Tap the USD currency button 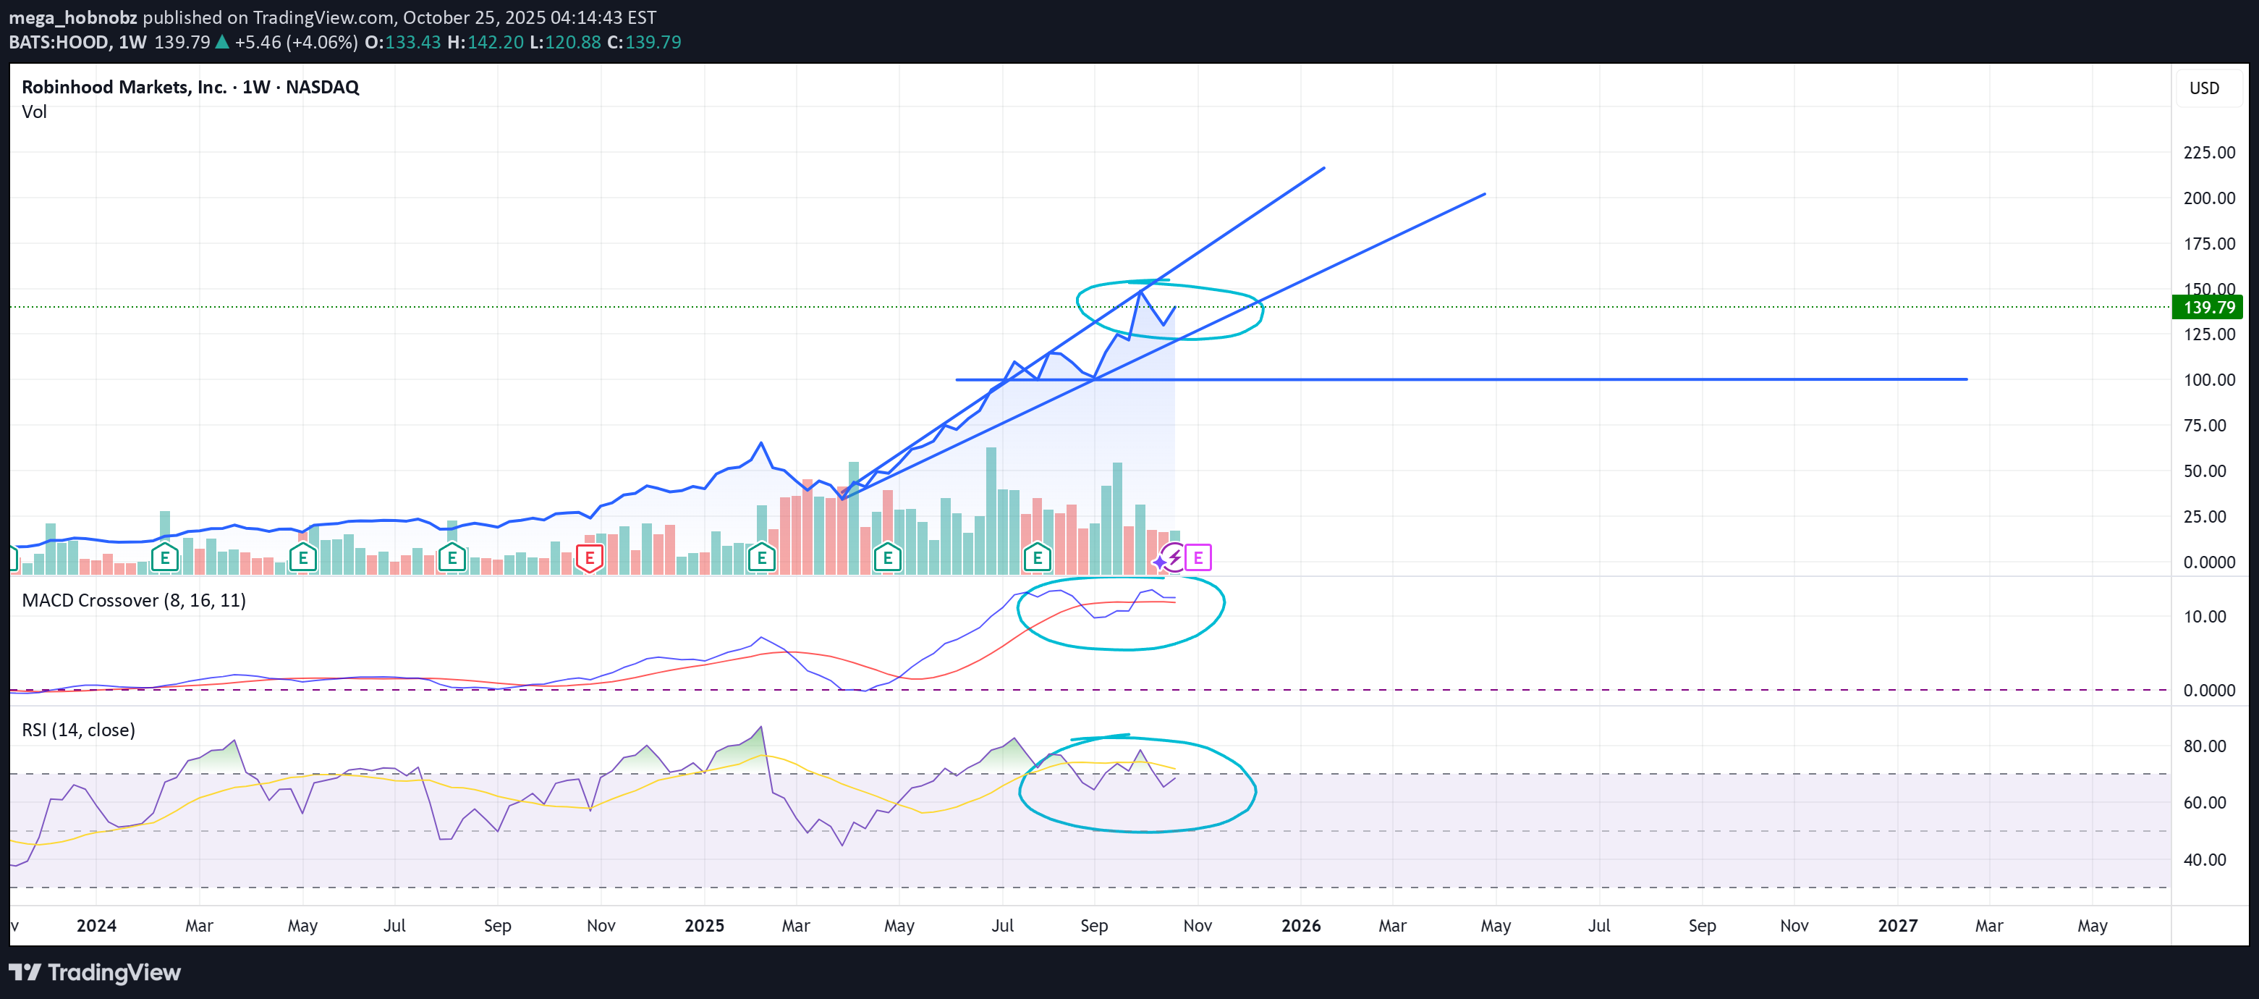(x=2204, y=88)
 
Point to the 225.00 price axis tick (x=2208, y=153)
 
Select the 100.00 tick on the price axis (x=2208, y=380)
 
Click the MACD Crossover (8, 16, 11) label (x=133, y=600)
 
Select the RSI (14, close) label (x=78, y=730)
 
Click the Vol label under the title (x=34, y=111)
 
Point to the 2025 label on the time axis (x=704, y=925)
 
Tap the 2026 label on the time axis (x=1300, y=925)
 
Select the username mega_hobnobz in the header (x=73, y=17)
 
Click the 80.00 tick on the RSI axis (x=2204, y=746)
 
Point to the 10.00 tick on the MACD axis (x=2204, y=617)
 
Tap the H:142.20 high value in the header (x=485, y=42)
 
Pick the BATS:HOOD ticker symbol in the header (x=59, y=42)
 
